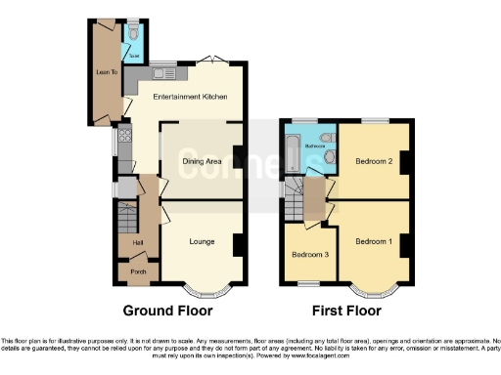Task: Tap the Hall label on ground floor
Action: [126, 241]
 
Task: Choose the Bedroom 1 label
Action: [373, 241]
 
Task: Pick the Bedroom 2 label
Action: [373, 161]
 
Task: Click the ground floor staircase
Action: [124, 214]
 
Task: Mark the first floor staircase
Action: [295, 205]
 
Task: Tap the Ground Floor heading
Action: [167, 312]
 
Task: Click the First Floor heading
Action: [345, 312]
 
